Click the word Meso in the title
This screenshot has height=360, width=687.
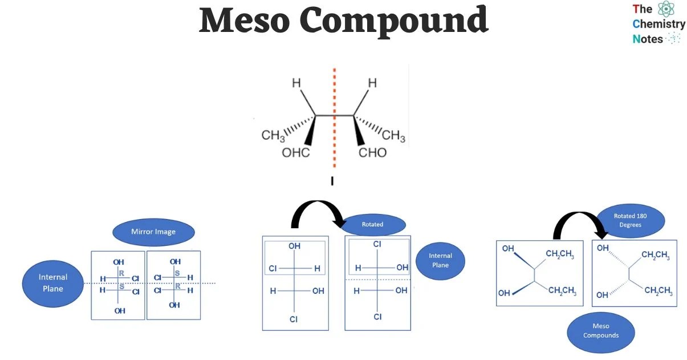[x=245, y=21]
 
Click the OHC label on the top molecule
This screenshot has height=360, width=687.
[x=296, y=152]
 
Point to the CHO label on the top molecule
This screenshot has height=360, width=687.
[x=372, y=152]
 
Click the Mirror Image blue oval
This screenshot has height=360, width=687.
[x=153, y=232]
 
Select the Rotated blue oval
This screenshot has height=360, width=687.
[x=372, y=224]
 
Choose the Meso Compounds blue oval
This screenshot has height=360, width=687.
[x=601, y=331]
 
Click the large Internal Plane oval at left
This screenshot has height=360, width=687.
[x=53, y=282]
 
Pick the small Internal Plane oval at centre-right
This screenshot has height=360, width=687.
[x=440, y=260]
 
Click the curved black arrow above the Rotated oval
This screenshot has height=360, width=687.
[x=317, y=212]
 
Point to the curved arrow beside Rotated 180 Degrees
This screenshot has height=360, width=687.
[x=579, y=222]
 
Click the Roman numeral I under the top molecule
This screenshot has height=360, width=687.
[x=332, y=181]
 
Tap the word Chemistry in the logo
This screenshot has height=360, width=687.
[x=658, y=24]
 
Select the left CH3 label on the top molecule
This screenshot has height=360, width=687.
[x=273, y=136]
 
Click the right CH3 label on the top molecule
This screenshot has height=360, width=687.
[x=393, y=136]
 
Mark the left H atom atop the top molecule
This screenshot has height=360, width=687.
[x=296, y=83]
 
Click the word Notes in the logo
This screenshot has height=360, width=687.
[x=648, y=39]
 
